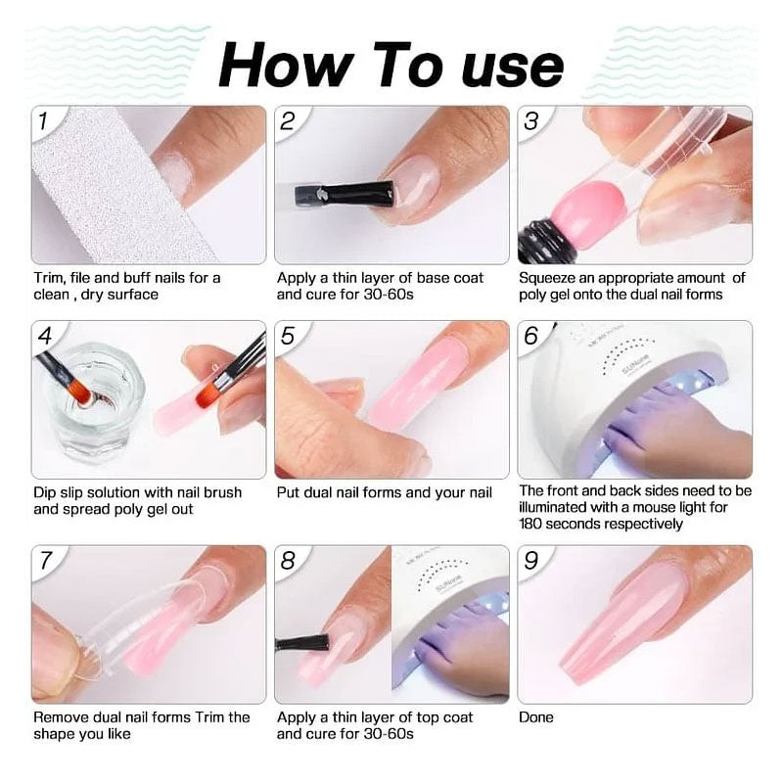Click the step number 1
point(43,121)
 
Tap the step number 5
point(287,337)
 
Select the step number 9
point(531,562)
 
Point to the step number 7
point(45,562)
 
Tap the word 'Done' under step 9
point(536,717)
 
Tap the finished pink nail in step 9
point(626,626)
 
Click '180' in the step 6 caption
point(534,524)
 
